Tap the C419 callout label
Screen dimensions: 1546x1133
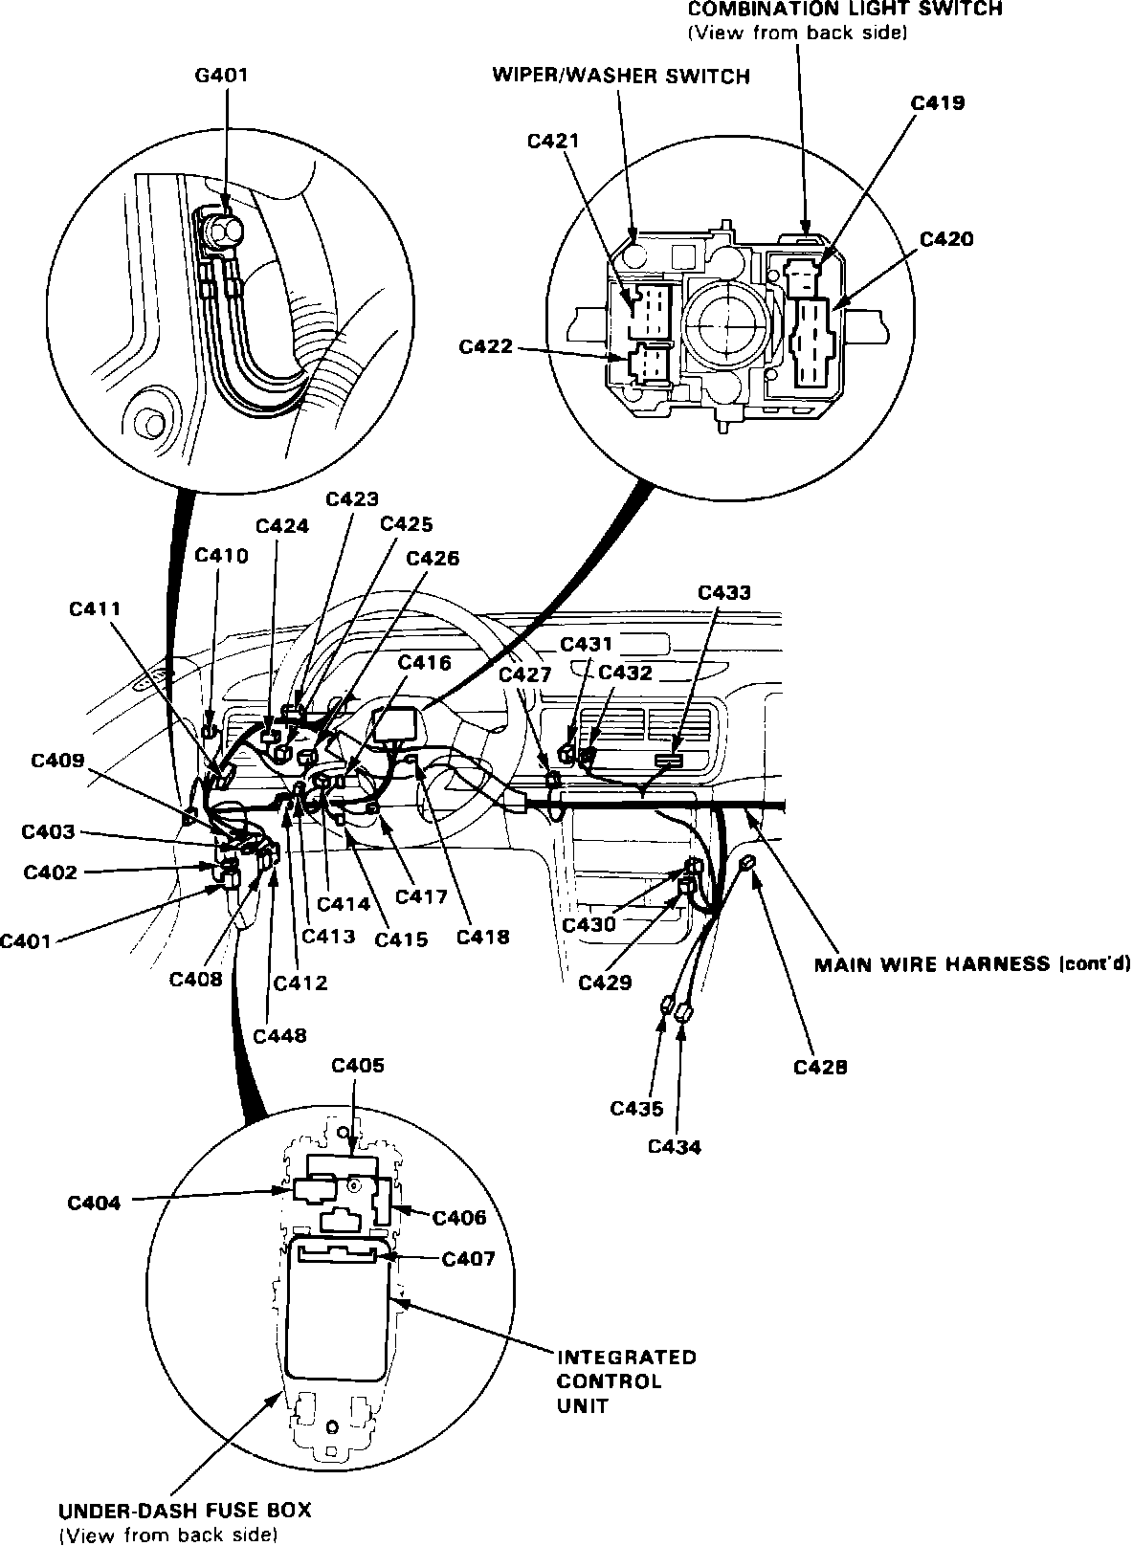click(938, 102)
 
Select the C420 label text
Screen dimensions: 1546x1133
click(946, 239)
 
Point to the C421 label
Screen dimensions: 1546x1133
click(553, 141)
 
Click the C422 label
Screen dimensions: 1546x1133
click(486, 346)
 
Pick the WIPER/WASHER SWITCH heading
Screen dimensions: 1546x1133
click(621, 76)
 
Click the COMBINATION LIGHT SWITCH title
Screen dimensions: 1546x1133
click(845, 10)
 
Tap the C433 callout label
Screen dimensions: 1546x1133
click(724, 592)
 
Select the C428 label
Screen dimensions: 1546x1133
click(820, 1067)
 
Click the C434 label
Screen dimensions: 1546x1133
click(675, 1146)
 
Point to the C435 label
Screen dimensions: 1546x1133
click(636, 1109)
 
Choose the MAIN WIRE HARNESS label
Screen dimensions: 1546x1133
click(971, 963)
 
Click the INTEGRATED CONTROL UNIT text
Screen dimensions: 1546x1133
click(625, 1380)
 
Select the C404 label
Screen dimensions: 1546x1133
click(94, 1203)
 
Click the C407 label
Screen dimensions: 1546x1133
click(469, 1259)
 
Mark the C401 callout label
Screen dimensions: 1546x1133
click(27, 940)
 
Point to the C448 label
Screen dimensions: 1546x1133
click(280, 1035)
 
